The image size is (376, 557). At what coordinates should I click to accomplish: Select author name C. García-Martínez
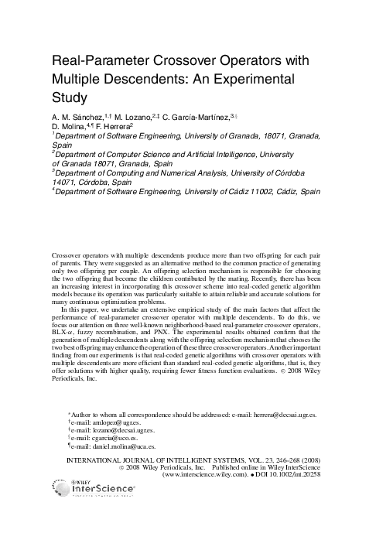coord(209,118)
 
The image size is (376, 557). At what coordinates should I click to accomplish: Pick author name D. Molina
coord(72,126)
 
